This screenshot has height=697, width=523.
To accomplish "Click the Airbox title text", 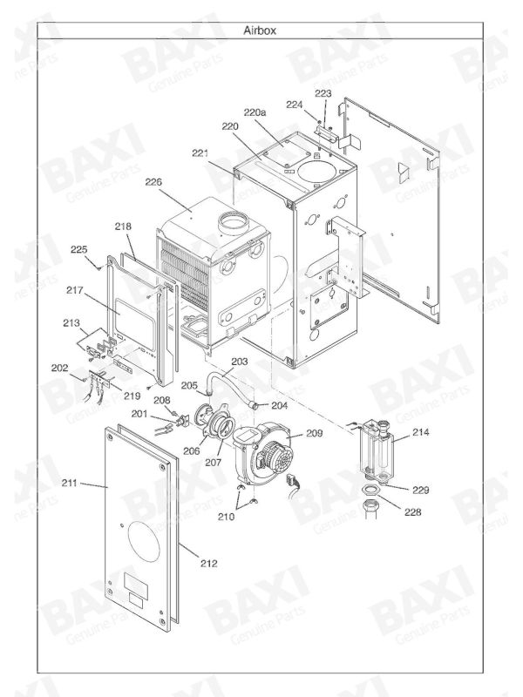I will click(261, 30).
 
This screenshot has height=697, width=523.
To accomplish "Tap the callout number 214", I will click(422, 432).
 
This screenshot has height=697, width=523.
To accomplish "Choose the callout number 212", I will click(208, 564).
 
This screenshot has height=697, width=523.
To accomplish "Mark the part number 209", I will click(315, 432).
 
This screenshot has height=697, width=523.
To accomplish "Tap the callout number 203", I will click(240, 360).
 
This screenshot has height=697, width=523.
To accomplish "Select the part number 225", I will click(80, 250).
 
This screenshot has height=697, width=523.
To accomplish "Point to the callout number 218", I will click(123, 226).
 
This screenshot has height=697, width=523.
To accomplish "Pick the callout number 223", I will click(323, 93).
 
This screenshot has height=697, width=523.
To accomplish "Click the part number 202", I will click(59, 369).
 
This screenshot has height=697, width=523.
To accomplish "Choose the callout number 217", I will click(74, 290).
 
